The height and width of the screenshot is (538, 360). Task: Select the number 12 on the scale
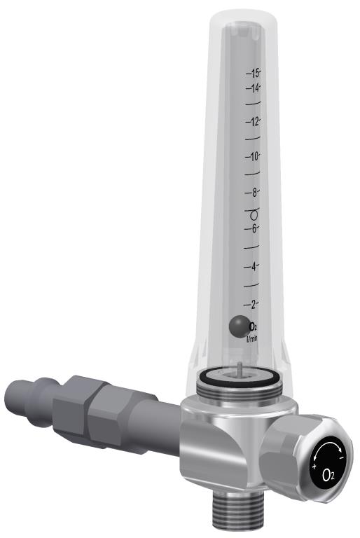click(x=253, y=122)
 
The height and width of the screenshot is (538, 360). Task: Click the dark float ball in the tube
click(x=238, y=326)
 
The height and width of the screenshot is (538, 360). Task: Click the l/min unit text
click(x=252, y=338)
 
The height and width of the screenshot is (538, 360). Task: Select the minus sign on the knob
click(x=341, y=456)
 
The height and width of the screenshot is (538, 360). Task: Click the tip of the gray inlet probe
click(x=11, y=400)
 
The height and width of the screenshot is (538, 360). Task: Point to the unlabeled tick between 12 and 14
click(x=253, y=104)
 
